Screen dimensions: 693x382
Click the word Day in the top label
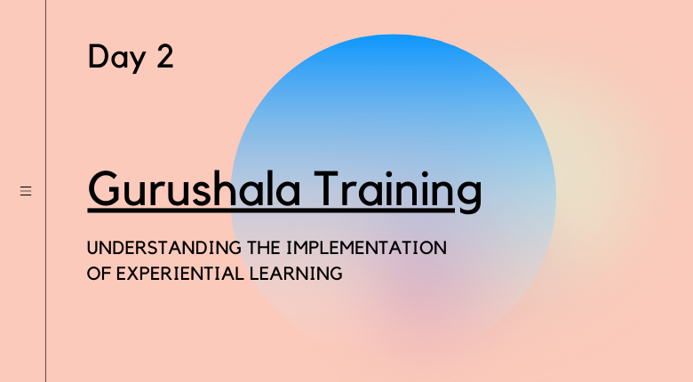point(117,58)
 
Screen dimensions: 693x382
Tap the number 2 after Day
point(165,56)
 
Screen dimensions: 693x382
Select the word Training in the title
point(398,192)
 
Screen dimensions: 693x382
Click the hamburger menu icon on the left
point(26,191)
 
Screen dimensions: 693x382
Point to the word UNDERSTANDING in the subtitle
point(164,248)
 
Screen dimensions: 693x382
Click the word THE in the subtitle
point(264,248)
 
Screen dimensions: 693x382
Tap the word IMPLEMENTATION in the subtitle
point(366,248)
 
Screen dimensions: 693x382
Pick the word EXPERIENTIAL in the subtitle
point(179,274)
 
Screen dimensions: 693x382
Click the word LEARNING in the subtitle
point(296,274)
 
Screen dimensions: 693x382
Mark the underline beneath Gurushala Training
point(271,210)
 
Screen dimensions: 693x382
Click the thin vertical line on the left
point(45,191)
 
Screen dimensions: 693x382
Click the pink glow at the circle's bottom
point(425,296)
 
